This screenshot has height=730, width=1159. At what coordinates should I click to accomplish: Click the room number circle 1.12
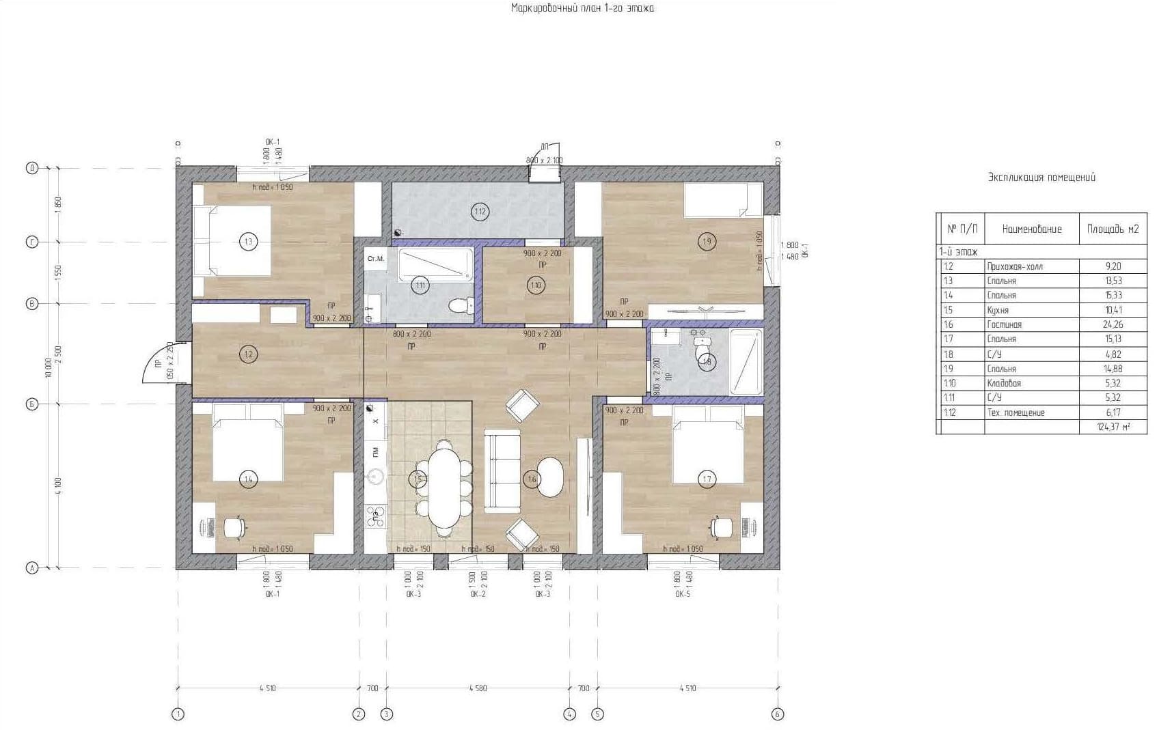click(x=480, y=212)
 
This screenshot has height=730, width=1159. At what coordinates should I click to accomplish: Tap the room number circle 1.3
click(x=248, y=241)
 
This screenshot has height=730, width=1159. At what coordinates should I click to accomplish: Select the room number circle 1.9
click(x=707, y=241)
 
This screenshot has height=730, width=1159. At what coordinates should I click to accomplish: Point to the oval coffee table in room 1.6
click(x=551, y=477)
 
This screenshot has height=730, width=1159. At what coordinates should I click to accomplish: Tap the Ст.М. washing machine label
click(x=376, y=259)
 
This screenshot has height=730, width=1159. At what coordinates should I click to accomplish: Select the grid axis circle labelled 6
click(x=778, y=714)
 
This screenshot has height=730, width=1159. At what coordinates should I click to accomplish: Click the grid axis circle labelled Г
click(x=31, y=242)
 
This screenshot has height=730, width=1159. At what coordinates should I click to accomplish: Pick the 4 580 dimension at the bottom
click(x=478, y=688)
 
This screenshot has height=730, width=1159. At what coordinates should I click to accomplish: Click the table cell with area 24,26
click(x=1113, y=324)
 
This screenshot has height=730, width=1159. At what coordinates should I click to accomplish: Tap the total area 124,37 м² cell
click(x=1113, y=427)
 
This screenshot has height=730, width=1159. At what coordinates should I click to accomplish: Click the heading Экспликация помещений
click(x=1041, y=178)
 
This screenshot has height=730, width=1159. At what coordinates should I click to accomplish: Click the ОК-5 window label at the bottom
click(x=683, y=594)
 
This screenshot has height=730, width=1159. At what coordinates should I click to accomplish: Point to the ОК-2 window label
click(x=478, y=594)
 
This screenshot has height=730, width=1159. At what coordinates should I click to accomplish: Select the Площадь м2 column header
click(x=1113, y=229)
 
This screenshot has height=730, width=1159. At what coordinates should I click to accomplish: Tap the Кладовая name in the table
click(x=1003, y=383)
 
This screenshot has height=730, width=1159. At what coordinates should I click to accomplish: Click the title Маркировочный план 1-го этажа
click(x=582, y=8)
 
